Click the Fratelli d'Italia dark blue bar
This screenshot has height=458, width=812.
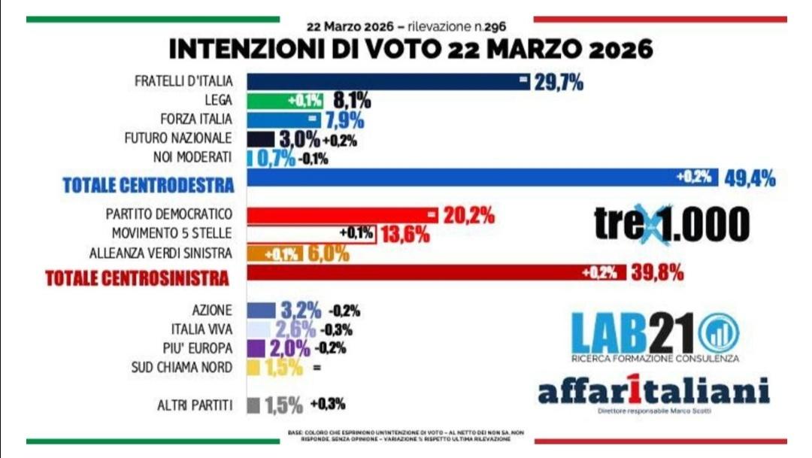[387, 81]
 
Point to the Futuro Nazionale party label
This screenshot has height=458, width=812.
[178, 139]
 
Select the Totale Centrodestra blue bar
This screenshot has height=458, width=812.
[481, 177]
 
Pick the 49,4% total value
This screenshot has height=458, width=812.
[750, 178]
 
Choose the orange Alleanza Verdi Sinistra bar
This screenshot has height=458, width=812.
[275, 253]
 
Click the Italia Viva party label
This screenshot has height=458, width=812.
[203, 329]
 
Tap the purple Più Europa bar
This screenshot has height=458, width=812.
[256, 348]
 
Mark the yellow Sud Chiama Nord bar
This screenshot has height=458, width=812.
[253, 368]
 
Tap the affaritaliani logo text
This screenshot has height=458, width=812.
[653, 391]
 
